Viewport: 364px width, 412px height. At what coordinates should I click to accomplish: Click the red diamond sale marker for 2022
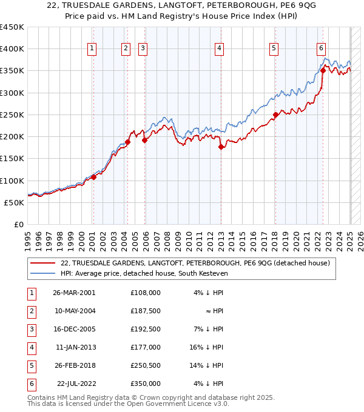[323, 70]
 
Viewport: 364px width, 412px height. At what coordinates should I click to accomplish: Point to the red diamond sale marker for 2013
[221, 147]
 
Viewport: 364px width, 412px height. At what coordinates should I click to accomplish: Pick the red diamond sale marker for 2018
[275, 115]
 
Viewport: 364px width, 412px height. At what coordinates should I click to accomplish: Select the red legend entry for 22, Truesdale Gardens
[195, 263]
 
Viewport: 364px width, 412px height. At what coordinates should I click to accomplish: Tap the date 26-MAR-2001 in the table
[74, 292]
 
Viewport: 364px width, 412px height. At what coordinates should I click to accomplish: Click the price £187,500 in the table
[145, 310]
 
